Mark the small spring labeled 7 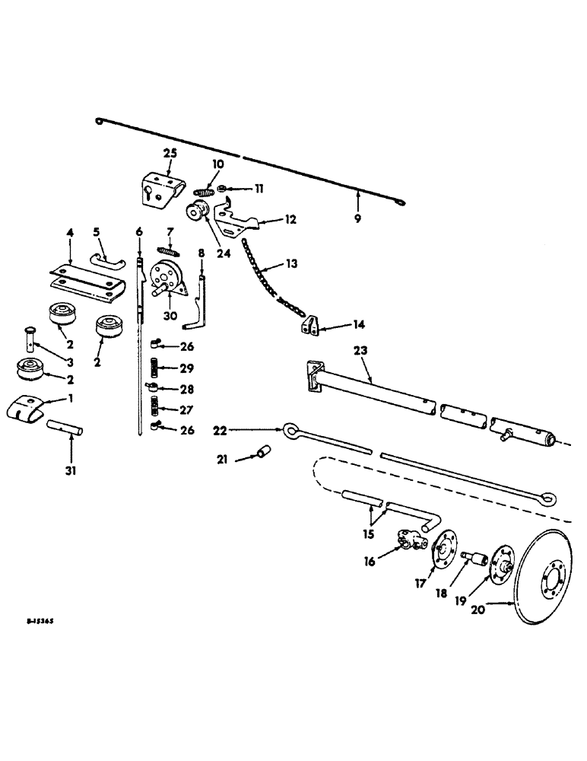[x=167, y=250]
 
